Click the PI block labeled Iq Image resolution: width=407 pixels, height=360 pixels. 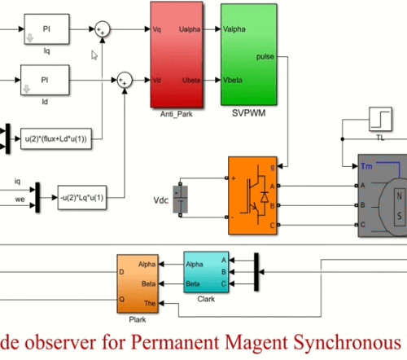[x=44, y=29]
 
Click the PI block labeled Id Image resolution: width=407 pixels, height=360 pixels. [x=44, y=81]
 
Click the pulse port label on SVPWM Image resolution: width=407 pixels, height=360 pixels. [x=265, y=56]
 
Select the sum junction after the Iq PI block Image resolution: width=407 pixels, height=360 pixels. [x=102, y=29]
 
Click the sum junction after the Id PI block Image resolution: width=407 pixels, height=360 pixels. [x=124, y=79]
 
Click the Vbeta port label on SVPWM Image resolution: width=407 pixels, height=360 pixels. [x=236, y=80]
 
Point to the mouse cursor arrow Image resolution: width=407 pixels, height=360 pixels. [x=94, y=55]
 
